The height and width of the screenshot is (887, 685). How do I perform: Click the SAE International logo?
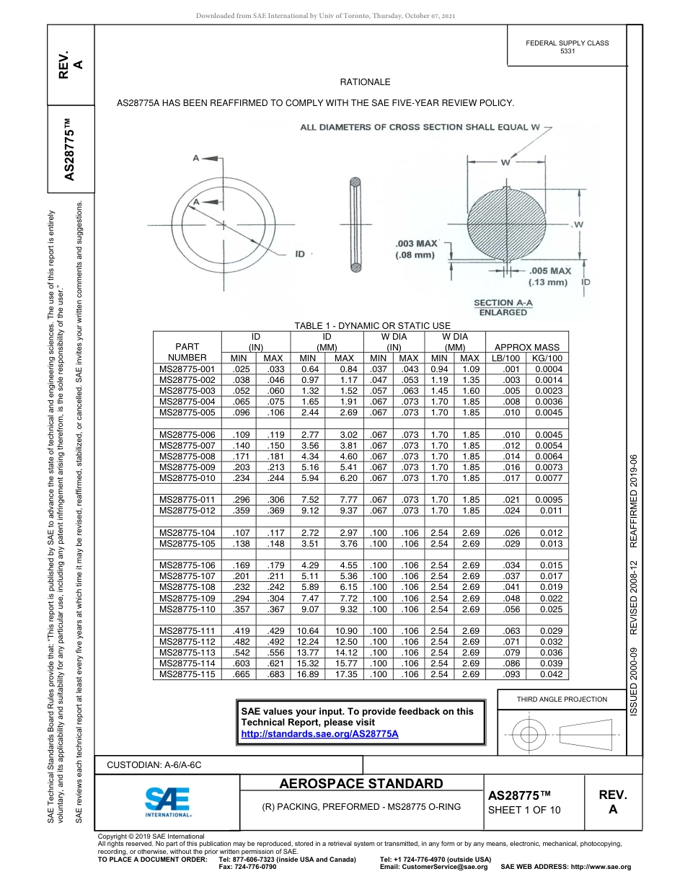click(168, 801)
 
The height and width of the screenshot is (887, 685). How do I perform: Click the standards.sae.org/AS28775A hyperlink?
click(319, 733)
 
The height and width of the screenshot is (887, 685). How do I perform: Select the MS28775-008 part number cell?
click(187, 456)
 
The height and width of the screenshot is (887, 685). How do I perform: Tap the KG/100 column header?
click(547, 358)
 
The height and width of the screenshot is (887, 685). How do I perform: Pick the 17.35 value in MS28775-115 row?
click(345, 674)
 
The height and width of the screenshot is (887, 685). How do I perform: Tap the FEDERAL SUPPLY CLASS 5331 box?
click(567, 47)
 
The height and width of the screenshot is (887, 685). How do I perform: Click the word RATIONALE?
click(365, 83)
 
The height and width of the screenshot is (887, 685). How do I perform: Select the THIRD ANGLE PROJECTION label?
click(562, 699)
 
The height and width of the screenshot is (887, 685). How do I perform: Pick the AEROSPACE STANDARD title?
click(361, 784)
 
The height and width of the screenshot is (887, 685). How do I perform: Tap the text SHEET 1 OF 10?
click(523, 810)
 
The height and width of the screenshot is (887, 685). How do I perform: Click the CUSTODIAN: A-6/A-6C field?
click(154, 764)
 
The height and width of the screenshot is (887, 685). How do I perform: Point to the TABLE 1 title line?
click(372, 326)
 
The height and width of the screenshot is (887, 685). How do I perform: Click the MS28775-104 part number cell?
click(187, 533)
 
